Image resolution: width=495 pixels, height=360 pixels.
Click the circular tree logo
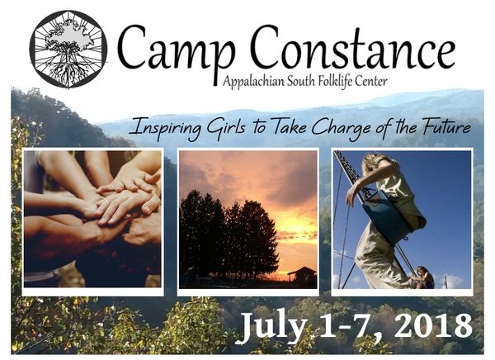pos(68,50)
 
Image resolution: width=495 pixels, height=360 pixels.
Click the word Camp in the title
pos(177,49)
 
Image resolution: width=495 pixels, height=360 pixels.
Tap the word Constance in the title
pos(353,47)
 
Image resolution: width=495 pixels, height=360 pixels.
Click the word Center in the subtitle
pos(370,82)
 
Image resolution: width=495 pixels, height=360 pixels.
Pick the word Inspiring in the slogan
pos(166,128)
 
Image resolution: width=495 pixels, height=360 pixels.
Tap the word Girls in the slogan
pos(225,127)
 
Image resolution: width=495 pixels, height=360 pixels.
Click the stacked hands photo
pos(92,219)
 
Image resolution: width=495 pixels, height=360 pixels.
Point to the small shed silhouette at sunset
pos(302,275)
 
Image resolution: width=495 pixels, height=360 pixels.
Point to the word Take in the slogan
pos(289,126)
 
